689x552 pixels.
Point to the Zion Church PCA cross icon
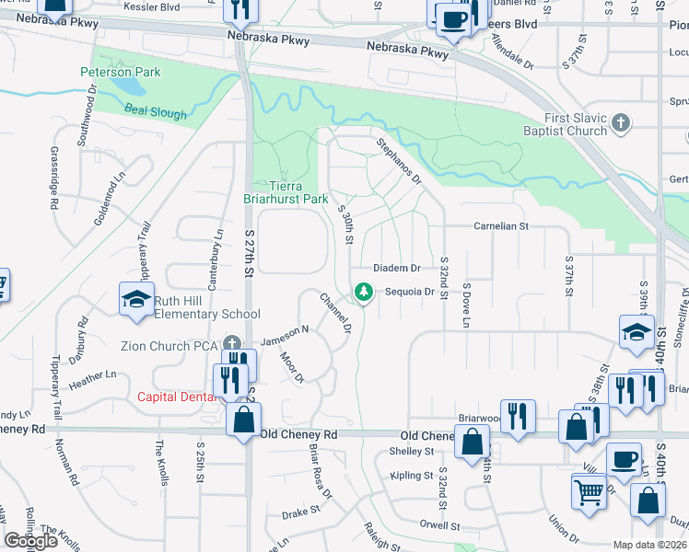click(x=229, y=345)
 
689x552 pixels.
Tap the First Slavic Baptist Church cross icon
click(x=622, y=122)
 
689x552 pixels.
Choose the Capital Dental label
click(x=175, y=397)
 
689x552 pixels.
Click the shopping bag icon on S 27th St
click(x=243, y=420)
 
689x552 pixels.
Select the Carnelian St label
click(x=500, y=225)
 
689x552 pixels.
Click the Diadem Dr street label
click(x=396, y=269)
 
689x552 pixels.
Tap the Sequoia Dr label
click(x=410, y=292)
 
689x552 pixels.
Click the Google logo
click(x=30, y=541)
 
